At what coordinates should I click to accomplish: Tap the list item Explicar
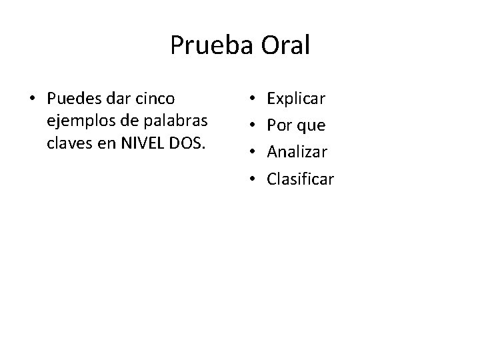point(296,99)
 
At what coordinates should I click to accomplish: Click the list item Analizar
point(297,153)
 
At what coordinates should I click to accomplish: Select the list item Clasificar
point(300,179)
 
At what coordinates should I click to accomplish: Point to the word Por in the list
point(278,126)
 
